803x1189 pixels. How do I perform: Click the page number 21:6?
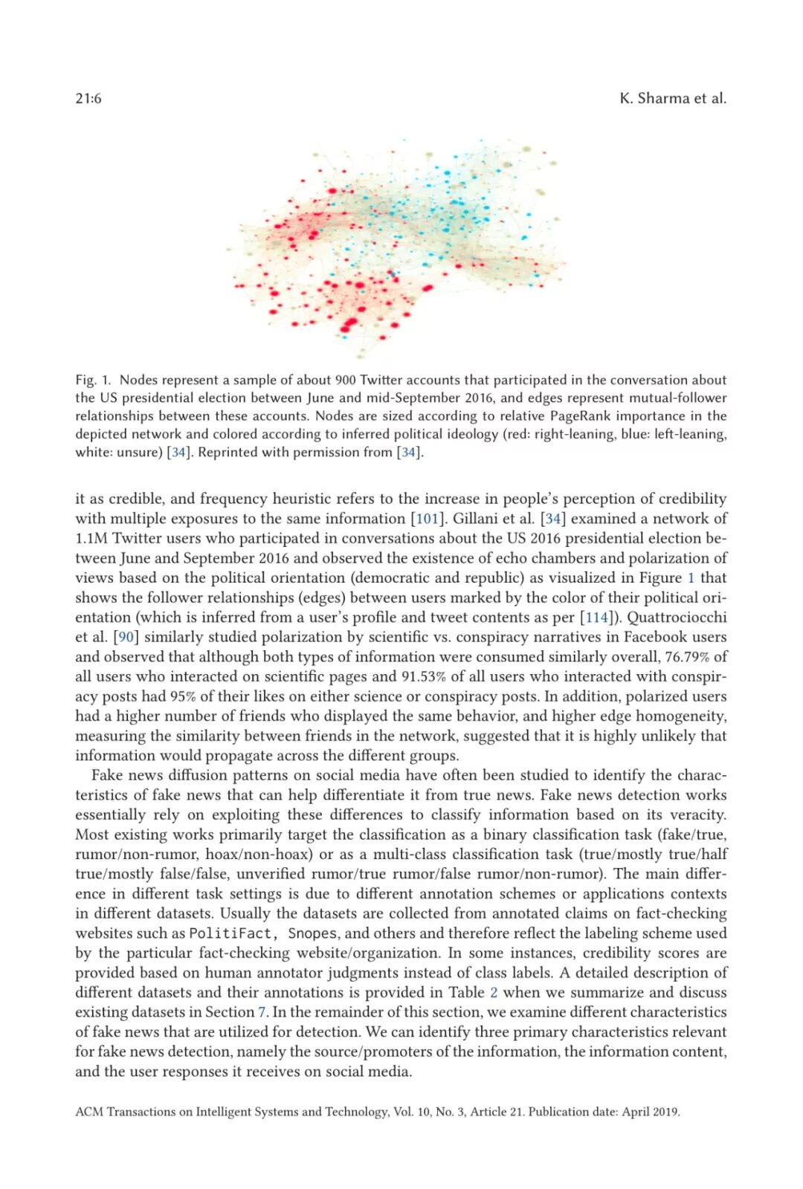[x=88, y=98]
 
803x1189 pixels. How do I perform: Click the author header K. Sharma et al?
[x=672, y=98]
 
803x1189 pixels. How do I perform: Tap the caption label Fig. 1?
[x=93, y=380]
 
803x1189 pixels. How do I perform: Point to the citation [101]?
[x=427, y=519]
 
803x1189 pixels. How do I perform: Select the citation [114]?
[x=596, y=618]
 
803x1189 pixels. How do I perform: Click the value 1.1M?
[x=91, y=538]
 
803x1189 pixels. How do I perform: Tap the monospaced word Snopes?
[x=312, y=933]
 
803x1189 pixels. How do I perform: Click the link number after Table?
[x=494, y=993]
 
